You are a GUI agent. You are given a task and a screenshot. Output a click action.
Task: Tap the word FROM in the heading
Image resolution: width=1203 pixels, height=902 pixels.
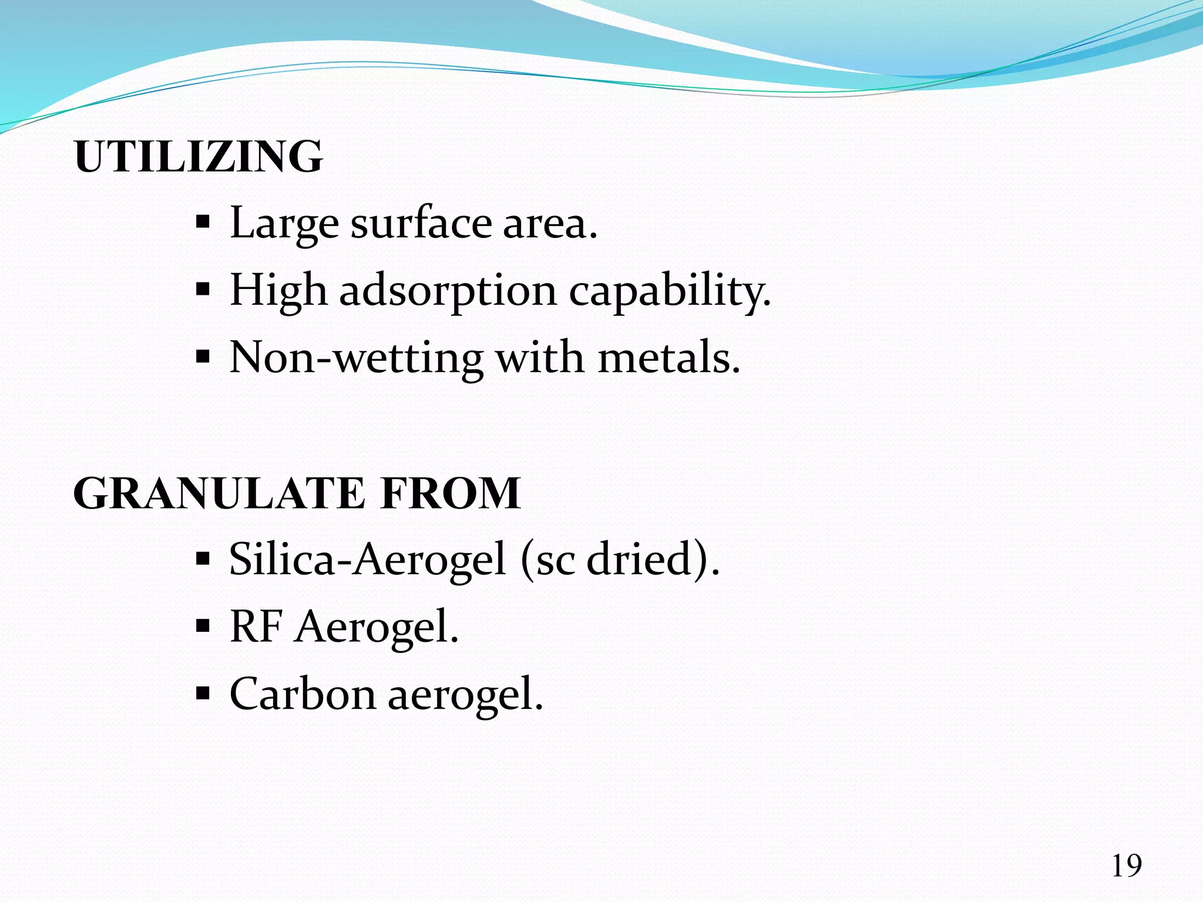tap(450, 493)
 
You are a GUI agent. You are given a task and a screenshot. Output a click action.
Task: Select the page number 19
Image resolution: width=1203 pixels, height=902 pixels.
tap(1126, 866)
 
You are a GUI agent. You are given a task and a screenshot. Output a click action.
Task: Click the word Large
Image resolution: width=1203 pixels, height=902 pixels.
tap(284, 224)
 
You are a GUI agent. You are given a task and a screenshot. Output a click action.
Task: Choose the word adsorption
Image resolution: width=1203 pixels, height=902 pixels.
tap(448, 291)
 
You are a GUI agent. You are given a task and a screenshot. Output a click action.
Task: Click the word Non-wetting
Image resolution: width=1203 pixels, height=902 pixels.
tap(356, 358)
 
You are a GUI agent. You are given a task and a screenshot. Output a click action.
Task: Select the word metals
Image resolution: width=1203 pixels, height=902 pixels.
tap(668, 358)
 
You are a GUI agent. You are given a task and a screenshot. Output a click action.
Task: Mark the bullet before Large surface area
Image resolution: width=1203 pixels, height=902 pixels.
tap(203, 223)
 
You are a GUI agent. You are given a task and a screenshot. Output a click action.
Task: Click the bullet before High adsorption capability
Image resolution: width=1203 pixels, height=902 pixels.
tap(203, 290)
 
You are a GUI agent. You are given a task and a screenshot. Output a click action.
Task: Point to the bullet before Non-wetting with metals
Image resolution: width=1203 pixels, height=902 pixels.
tap(203, 357)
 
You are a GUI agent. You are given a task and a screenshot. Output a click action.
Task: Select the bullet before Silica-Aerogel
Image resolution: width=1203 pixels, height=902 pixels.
tap(203, 558)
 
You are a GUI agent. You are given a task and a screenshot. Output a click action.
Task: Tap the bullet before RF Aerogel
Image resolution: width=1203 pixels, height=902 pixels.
tap(203, 626)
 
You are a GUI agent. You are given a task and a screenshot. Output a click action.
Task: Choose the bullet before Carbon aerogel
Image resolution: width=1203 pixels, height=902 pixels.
tap(203, 694)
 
